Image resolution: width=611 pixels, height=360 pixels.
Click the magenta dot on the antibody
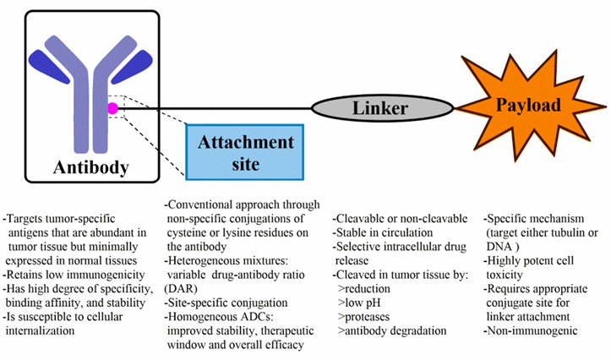pos(112,108)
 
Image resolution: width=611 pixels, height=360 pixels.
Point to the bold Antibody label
pos(91,166)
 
